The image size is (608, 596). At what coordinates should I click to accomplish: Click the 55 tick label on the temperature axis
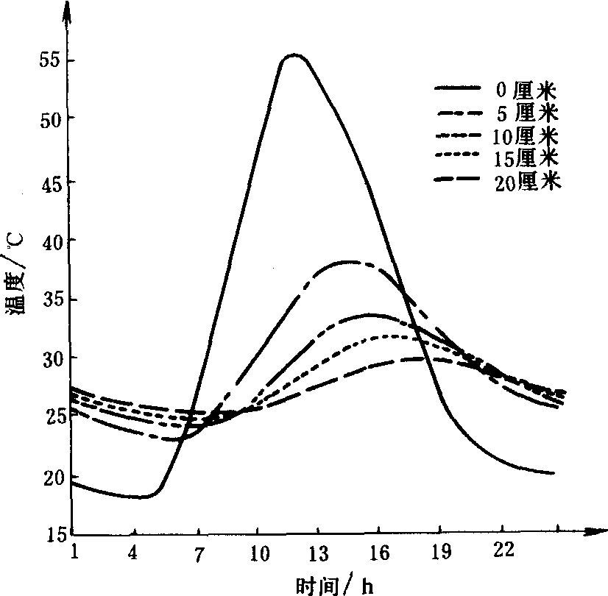tap(49, 60)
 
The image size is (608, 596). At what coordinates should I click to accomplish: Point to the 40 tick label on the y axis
tap(49, 241)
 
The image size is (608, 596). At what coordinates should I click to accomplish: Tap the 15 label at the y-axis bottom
tap(49, 535)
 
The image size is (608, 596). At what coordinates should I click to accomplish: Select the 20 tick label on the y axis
tap(49, 477)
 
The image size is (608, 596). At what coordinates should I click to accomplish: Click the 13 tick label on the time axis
tap(318, 553)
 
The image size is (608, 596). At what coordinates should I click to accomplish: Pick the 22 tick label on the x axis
tap(501, 553)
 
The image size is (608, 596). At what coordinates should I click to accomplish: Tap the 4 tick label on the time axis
tap(133, 553)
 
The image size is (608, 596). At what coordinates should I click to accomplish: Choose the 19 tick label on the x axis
tap(439, 553)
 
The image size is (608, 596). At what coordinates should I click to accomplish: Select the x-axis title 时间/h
tap(335, 584)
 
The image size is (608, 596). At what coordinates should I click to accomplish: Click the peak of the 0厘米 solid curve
tap(293, 55)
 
